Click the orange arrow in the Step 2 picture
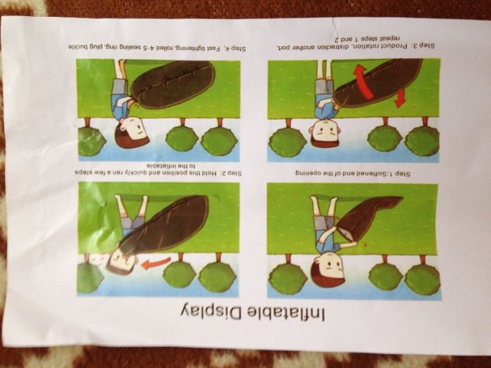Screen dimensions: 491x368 pyautogui.click(x=156, y=263)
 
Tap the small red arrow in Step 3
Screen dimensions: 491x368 pyautogui.click(x=399, y=98)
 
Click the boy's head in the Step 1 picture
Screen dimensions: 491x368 pyautogui.click(x=328, y=270)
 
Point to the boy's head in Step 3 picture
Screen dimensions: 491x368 pyautogui.click(x=324, y=132)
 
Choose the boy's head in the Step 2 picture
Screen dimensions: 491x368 pyautogui.click(x=121, y=261)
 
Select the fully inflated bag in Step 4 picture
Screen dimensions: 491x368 pyautogui.click(x=173, y=85)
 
